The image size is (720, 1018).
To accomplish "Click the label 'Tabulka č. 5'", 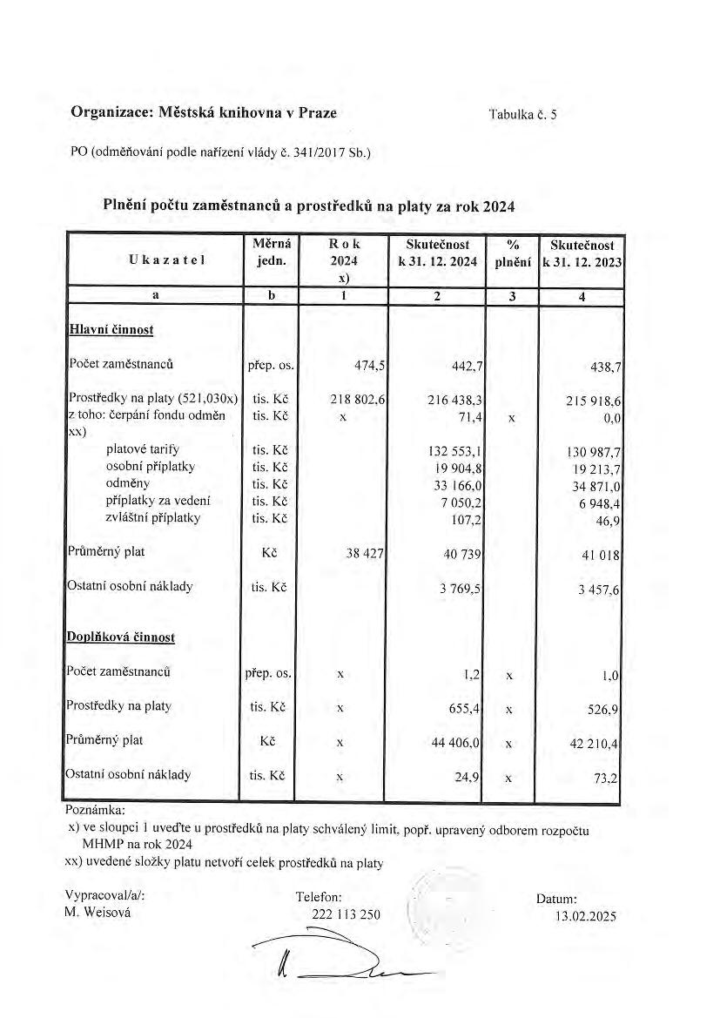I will [x=522, y=114].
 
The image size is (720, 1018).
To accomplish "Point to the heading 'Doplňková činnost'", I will [x=121, y=637].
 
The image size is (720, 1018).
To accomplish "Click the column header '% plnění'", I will [x=512, y=253].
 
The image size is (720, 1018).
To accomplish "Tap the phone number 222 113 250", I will [x=346, y=914].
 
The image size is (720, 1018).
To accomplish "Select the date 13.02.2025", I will [x=585, y=915].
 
